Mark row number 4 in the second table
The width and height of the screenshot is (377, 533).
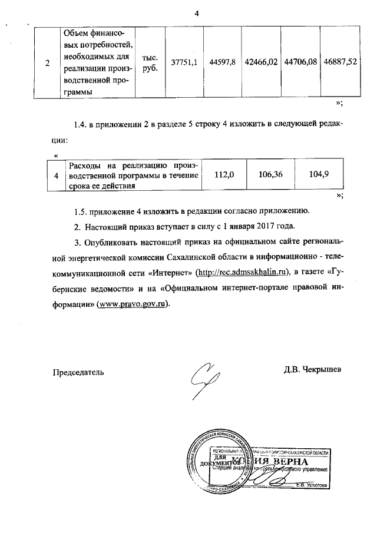coord(56,175)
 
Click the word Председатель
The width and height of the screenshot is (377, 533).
coord(78,371)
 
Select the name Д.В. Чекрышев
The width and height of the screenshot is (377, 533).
coord(312,370)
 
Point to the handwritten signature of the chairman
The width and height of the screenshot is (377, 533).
coord(204,380)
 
